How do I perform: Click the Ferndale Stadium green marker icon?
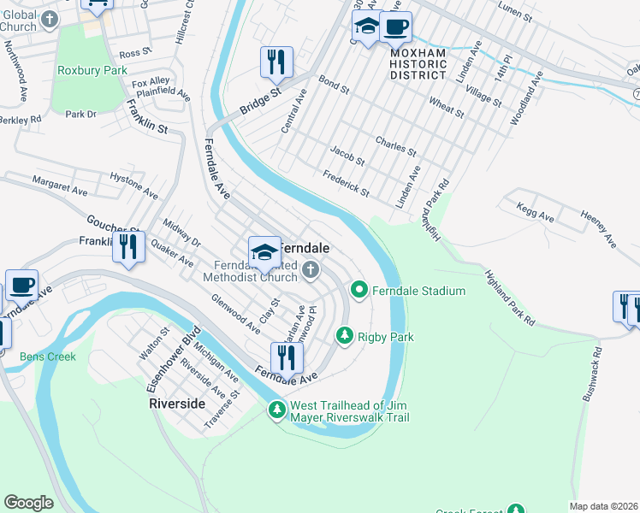point(359,291)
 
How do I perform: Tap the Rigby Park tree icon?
point(345,336)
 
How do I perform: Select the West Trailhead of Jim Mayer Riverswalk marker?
point(277,410)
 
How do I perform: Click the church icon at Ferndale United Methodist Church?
point(311,271)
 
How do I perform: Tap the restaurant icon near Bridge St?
point(276,62)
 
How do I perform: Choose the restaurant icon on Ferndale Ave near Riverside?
point(287,357)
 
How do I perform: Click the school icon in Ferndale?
point(264,251)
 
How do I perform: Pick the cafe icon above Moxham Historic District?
point(394,27)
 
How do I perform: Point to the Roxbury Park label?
point(92,70)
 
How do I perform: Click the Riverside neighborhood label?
point(177,403)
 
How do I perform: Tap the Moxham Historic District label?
point(418,63)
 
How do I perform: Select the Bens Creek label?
point(48,357)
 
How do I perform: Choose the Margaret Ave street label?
point(60,183)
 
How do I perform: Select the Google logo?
point(28,503)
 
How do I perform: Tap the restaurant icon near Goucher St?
point(128,248)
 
